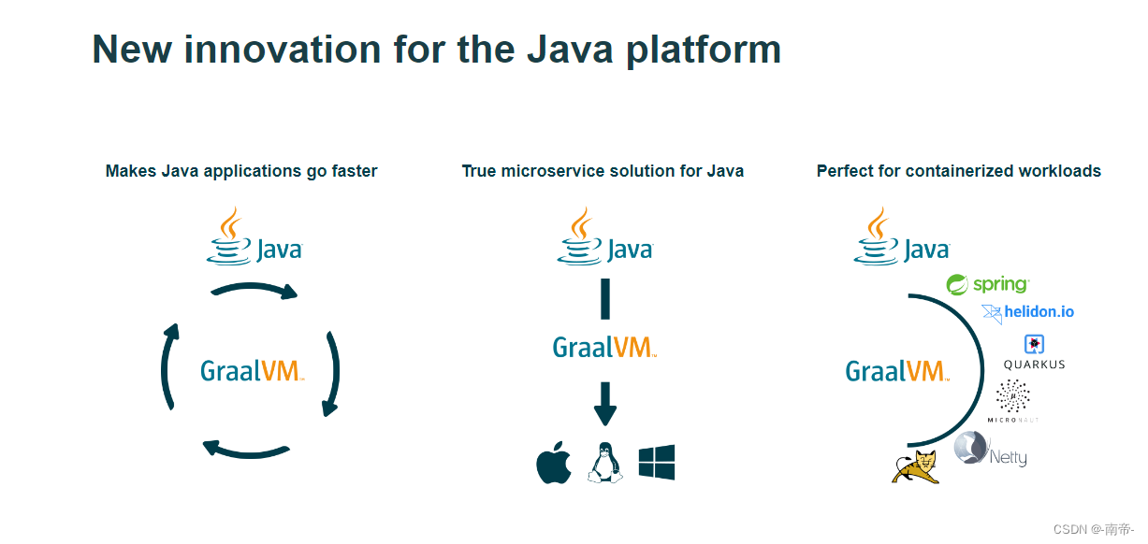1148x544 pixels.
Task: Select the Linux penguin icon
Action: pos(604,463)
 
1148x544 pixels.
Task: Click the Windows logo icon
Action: pos(657,463)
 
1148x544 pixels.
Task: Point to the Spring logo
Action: pos(987,284)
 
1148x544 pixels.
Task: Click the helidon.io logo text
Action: pos(1039,312)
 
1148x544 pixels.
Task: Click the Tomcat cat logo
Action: pos(915,466)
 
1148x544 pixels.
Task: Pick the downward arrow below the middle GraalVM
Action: pos(605,403)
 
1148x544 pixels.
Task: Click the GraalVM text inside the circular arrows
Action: pos(252,371)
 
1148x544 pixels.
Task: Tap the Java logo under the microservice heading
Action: pos(605,237)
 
